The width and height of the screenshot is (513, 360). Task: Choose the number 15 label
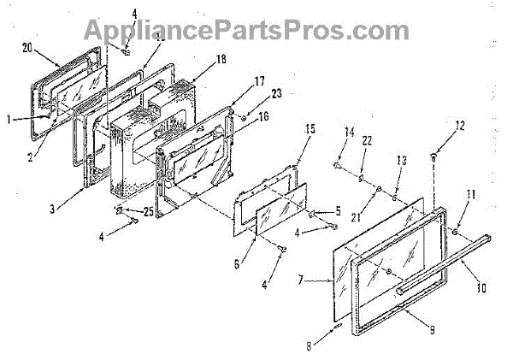pos(310,129)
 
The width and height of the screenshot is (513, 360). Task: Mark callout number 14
pos(348,133)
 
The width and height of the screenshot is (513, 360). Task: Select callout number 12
pos(460,126)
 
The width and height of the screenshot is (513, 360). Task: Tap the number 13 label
pos(401,161)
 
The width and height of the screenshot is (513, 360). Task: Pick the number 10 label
pos(481,289)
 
